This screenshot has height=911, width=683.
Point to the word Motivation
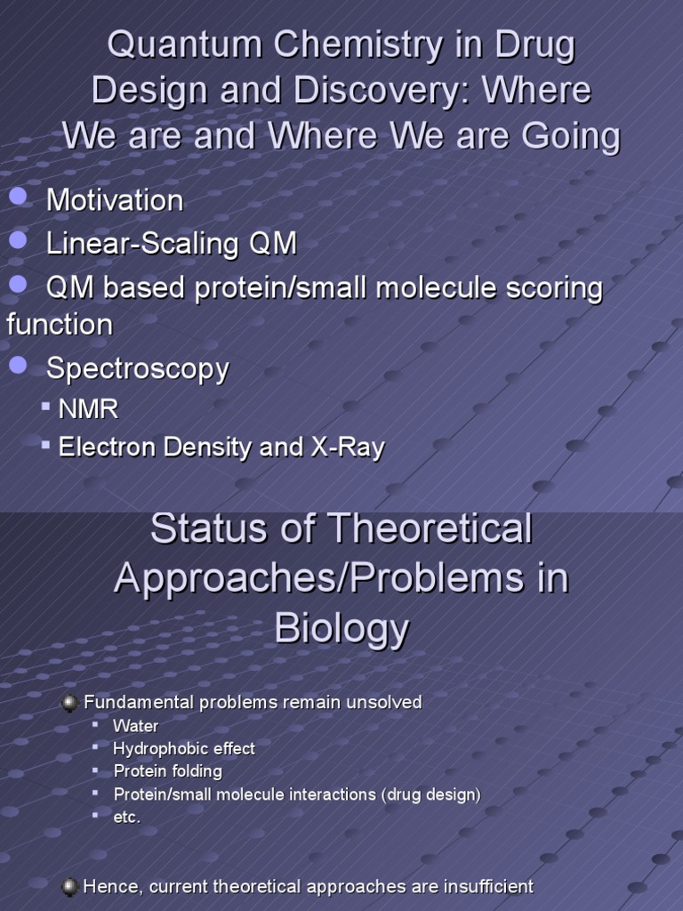tap(115, 200)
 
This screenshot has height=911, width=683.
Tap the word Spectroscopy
tap(137, 369)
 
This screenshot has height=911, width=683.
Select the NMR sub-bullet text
tap(88, 410)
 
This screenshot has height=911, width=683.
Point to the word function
tap(60, 325)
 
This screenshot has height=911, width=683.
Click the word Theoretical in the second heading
tap(430, 529)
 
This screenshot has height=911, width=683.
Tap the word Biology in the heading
tap(341, 629)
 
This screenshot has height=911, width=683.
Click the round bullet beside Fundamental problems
tap(69, 703)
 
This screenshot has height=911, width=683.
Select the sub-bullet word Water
tap(135, 726)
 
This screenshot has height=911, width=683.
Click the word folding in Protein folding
tap(197, 771)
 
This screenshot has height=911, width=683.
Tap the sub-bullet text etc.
tap(127, 817)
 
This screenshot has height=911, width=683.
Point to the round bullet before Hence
tap(69, 887)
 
